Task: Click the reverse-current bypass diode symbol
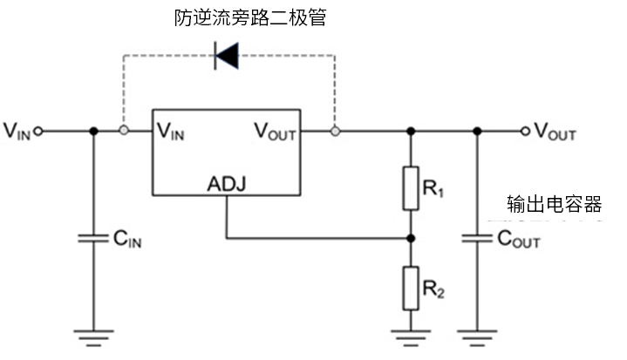coord(227,58)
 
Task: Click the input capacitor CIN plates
coord(93,237)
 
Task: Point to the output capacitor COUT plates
coord(477,237)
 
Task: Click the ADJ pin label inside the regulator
coord(227,185)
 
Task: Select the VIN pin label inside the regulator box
coord(170,132)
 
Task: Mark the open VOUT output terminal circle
coord(524,132)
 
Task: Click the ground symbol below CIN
coord(93,335)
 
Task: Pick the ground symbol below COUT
coord(477,335)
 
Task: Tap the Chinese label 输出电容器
coord(555,204)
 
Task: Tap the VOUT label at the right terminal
coord(555,132)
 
